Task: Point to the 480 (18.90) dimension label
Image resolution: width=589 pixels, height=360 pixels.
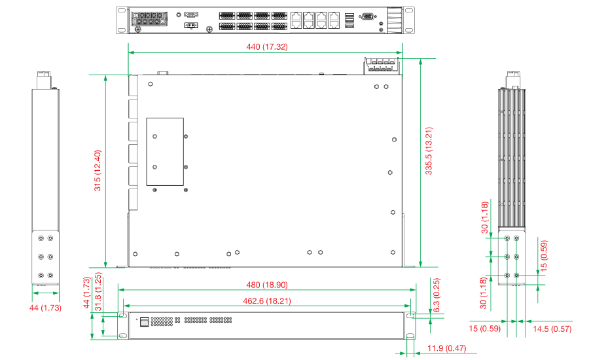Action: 266,285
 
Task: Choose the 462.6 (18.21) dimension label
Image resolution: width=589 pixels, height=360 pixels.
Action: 266,301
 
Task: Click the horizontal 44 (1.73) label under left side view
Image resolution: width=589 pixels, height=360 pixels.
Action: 45,307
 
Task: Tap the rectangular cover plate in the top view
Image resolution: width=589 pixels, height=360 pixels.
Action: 165,153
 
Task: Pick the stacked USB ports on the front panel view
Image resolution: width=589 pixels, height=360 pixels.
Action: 144,321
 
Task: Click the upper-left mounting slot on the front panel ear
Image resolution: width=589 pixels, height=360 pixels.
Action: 122,315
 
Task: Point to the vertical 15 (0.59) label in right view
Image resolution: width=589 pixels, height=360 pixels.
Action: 544,257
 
